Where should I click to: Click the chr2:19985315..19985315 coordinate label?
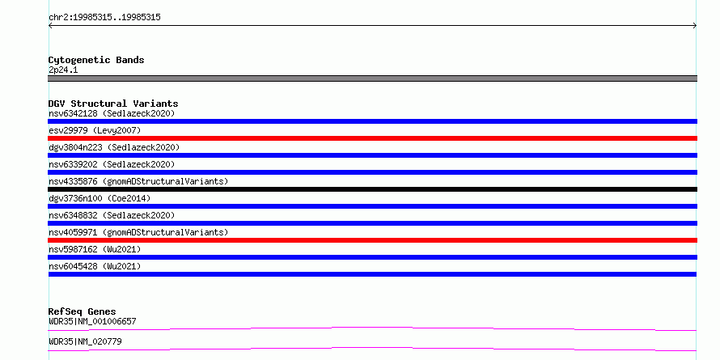click(104, 18)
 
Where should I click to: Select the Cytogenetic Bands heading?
click(96, 60)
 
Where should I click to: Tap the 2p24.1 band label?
click(63, 70)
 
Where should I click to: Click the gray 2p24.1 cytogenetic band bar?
click(372, 78)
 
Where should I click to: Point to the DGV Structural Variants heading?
click(113, 104)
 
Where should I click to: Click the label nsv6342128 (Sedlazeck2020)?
click(112, 113)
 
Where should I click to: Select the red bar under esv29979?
click(372, 138)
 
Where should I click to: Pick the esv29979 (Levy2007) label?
click(95, 130)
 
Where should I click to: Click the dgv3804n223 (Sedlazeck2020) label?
click(114, 147)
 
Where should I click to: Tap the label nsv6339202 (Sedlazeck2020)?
click(112, 164)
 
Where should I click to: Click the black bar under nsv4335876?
click(372, 189)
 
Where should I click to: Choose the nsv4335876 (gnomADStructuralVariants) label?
click(138, 181)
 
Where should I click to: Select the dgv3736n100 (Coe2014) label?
click(100, 198)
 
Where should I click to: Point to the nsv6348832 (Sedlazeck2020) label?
click(112, 215)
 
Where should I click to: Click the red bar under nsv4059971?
click(372, 240)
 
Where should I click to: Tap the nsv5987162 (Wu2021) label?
click(95, 249)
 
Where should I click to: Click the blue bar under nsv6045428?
click(372, 274)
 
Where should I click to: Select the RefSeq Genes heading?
click(83, 311)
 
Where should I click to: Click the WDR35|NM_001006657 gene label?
click(92, 321)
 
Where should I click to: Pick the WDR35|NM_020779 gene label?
click(85, 341)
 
